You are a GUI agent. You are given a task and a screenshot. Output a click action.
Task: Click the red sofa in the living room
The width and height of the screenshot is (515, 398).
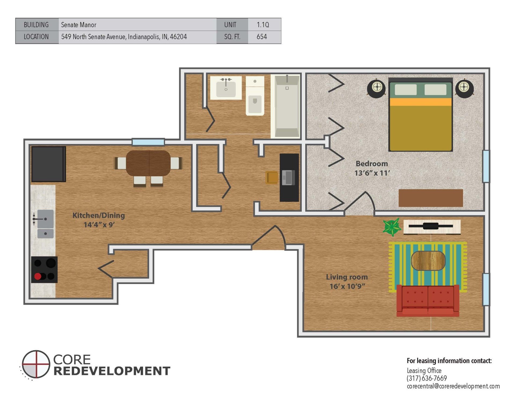428,300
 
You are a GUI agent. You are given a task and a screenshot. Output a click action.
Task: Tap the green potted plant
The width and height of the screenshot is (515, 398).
392,227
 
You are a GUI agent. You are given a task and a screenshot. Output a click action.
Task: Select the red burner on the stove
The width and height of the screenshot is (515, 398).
38,276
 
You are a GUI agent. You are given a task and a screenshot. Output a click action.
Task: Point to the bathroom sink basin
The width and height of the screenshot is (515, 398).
226,89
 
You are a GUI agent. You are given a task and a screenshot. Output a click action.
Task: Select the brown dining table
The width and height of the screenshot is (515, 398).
148,163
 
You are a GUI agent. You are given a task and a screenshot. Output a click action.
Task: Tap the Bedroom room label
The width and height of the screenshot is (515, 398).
371,164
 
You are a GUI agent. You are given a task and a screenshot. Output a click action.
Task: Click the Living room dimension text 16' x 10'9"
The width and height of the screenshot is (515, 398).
347,286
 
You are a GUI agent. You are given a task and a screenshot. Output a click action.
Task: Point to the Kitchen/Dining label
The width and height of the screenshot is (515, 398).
98,215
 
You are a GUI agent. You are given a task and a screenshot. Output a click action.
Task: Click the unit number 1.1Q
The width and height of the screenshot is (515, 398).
263,25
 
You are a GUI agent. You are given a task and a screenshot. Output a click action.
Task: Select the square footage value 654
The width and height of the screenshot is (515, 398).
262,37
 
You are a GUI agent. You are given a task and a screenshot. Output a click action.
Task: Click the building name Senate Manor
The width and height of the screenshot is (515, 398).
79,25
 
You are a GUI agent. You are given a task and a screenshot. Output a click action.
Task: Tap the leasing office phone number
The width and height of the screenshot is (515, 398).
426,378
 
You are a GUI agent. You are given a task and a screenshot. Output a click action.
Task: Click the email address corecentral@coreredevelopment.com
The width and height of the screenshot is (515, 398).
453,386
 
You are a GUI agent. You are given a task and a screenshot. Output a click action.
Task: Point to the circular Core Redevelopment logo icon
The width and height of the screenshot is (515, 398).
36,364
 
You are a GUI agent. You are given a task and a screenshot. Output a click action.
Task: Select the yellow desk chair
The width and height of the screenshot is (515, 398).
272,178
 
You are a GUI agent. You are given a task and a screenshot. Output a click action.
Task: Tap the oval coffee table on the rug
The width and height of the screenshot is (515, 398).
428,260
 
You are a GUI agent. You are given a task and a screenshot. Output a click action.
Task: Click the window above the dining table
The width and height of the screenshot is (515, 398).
148,142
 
